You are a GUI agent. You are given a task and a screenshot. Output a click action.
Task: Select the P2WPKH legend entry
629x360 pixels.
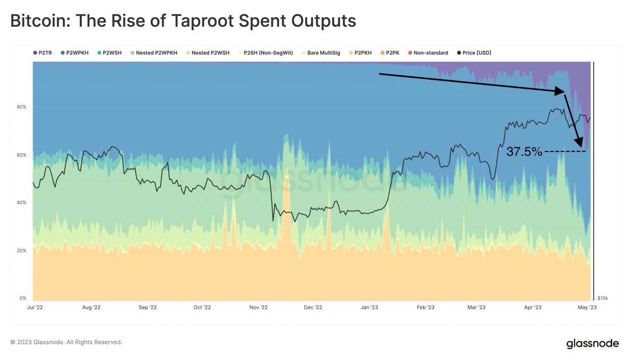click(74, 53)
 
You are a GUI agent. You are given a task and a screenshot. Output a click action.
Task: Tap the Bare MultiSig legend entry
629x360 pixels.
click(320, 53)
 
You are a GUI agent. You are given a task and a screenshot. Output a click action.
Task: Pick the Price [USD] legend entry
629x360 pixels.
click(475, 53)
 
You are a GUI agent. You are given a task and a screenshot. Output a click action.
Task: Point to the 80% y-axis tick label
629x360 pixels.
click(21, 107)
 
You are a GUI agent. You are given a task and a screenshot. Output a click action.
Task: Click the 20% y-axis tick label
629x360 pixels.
click(21, 250)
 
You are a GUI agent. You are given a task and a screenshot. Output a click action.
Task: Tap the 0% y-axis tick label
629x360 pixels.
click(23, 298)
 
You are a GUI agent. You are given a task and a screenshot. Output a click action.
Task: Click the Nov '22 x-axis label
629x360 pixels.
click(258, 307)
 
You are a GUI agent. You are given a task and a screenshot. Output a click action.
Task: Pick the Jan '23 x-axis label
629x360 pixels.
click(369, 307)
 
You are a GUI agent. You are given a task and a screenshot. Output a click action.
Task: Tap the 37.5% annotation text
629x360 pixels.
click(524, 152)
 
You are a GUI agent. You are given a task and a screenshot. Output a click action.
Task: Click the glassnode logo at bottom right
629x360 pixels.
click(592, 344)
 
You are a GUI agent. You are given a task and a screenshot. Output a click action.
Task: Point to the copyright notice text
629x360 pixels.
click(67, 342)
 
